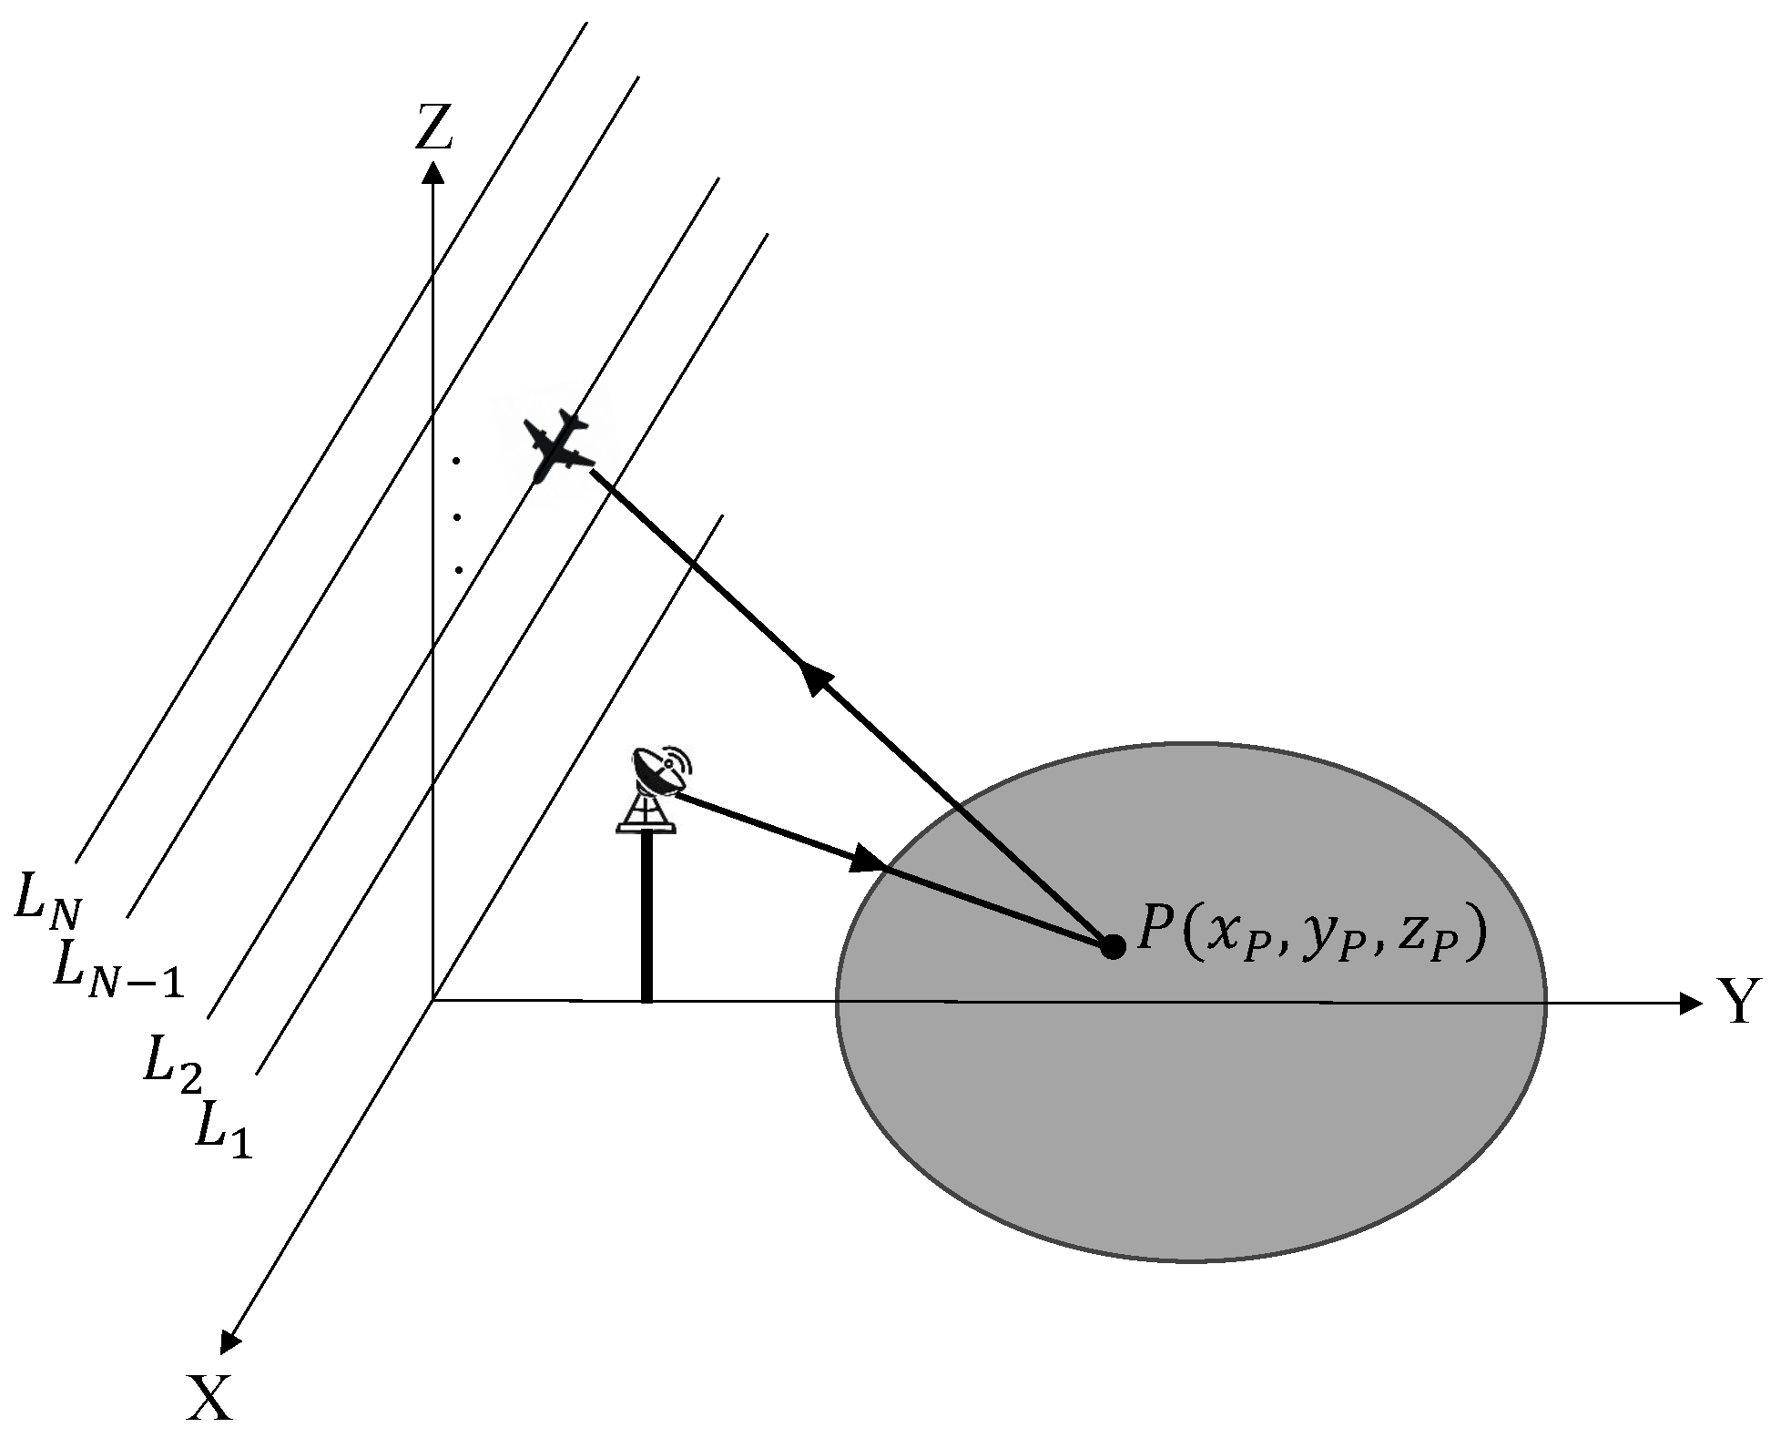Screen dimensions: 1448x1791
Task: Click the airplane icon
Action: coord(557,447)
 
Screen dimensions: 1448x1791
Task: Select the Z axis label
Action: coord(433,127)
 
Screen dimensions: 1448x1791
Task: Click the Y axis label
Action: coord(1739,1002)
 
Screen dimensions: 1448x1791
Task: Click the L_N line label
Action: coord(47,898)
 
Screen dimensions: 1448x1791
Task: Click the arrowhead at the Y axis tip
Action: coord(1690,1004)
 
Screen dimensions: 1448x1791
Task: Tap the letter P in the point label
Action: coord(1156,933)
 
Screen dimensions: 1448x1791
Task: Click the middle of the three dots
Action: coord(457,517)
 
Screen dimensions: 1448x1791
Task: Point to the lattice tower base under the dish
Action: coord(646,813)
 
